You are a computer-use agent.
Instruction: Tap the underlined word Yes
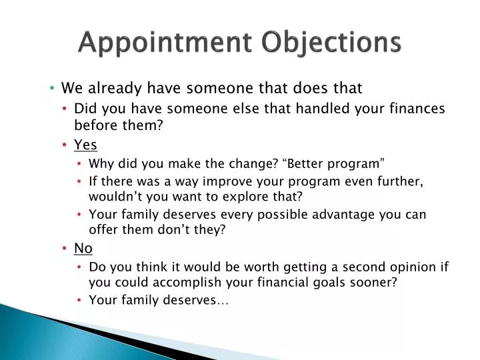click(x=85, y=145)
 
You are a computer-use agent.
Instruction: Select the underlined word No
click(x=83, y=248)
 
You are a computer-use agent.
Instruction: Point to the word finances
click(x=416, y=109)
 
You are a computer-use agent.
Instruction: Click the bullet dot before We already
click(x=52, y=88)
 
